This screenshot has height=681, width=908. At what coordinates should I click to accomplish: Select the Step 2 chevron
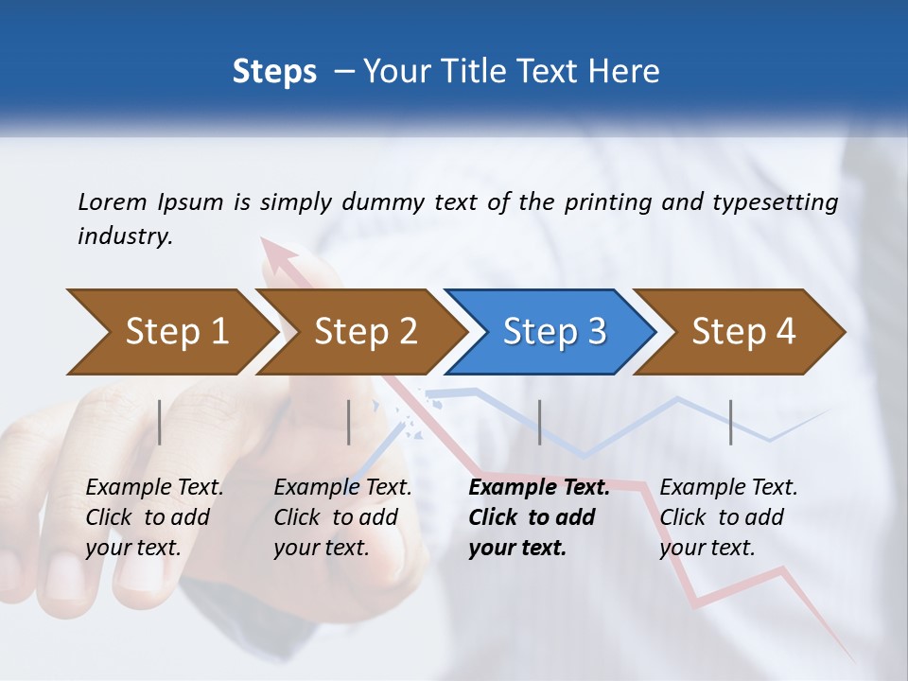pos(363,332)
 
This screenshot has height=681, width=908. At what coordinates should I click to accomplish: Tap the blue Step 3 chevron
pos(552,332)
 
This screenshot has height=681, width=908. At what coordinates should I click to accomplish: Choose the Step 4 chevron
pos(742,332)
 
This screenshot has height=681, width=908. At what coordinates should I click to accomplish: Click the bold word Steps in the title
pos(274,72)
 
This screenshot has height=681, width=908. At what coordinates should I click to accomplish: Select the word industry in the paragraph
pos(124,236)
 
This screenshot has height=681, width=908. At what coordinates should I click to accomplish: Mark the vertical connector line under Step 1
pos(160,422)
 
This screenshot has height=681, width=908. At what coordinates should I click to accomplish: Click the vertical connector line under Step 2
pos(349,422)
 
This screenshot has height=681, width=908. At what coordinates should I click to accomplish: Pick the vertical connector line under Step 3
pos(539,422)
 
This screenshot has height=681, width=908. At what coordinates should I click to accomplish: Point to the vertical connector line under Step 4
pos(730,422)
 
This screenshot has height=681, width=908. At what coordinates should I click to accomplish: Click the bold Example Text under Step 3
pos(539,488)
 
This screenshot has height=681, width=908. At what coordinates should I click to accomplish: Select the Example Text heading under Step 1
pos(154,488)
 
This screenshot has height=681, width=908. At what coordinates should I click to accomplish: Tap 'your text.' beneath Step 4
pos(707,548)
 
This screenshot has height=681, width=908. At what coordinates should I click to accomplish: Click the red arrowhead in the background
pos(281,257)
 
